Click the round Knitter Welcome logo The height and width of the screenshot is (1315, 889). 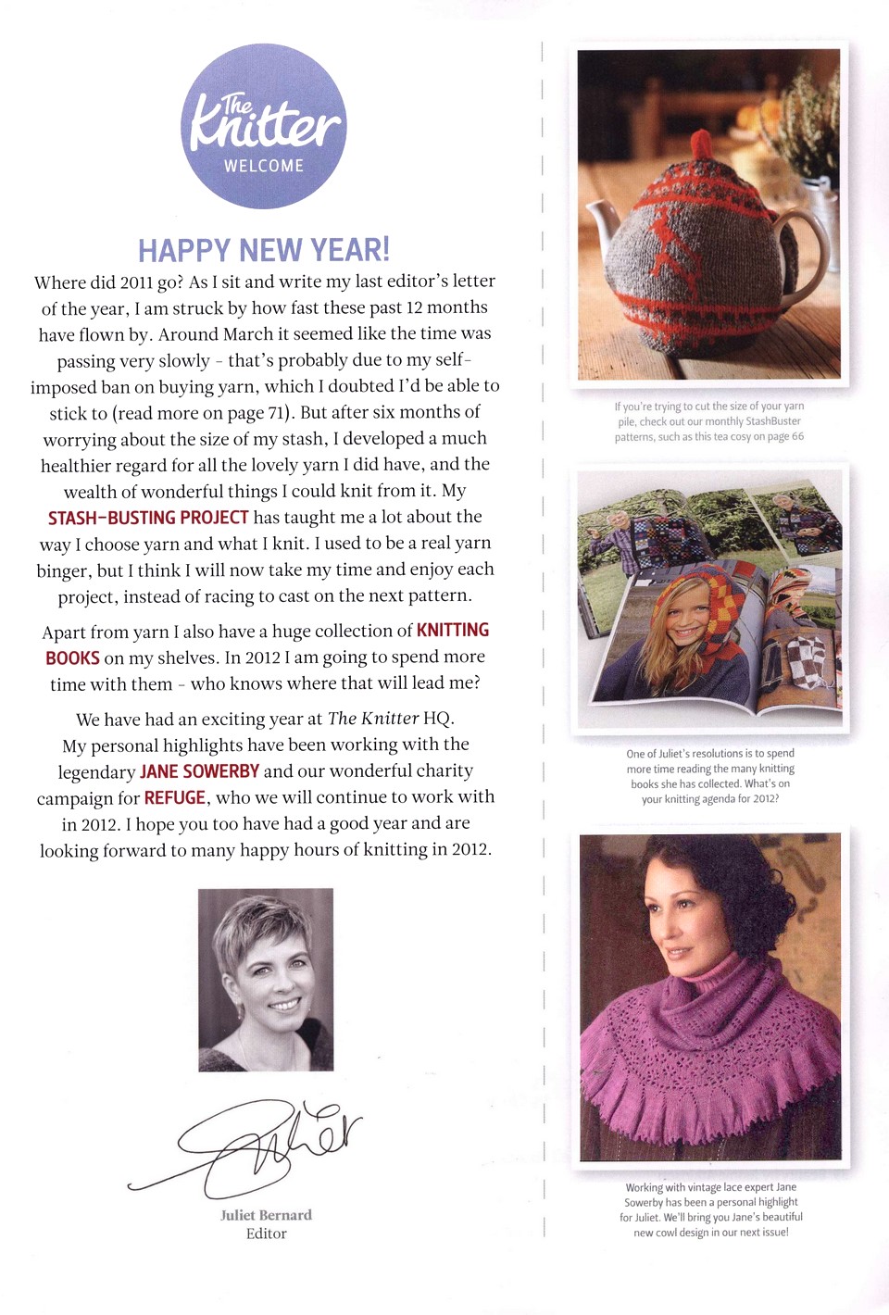[264, 127]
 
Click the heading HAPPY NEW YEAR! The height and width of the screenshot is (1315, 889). [264, 250]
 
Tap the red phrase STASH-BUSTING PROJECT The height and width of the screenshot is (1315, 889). [148, 518]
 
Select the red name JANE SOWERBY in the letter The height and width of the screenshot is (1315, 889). [199, 771]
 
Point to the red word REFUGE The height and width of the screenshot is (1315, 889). [175, 798]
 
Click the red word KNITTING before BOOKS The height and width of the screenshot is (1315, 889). [453, 631]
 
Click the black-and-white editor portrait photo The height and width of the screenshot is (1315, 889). [266, 980]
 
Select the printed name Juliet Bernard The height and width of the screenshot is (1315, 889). [266, 1215]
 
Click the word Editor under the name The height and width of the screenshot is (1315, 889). [266, 1234]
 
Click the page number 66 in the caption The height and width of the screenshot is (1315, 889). [797, 437]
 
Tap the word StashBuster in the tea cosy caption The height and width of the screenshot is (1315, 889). [773, 421]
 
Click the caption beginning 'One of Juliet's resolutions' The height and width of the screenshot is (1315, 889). [710, 776]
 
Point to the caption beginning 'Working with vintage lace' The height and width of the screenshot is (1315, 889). [710, 1209]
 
